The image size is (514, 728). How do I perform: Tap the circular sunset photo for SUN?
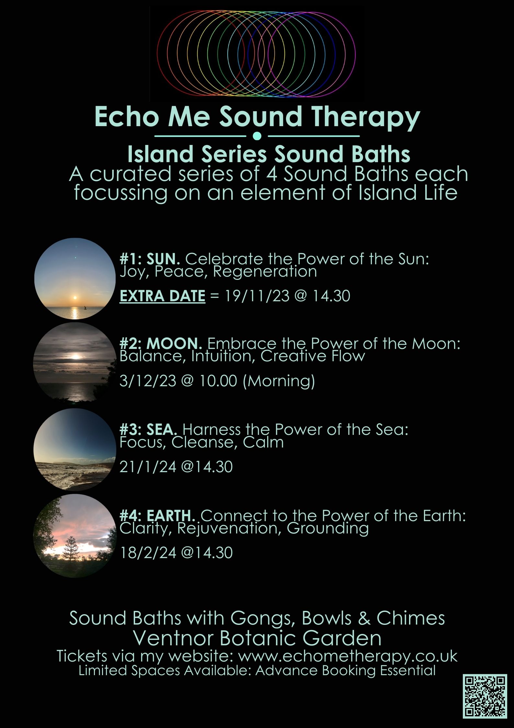pyautogui.click(x=75, y=279)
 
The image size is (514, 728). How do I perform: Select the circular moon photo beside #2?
pyautogui.click(x=75, y=363)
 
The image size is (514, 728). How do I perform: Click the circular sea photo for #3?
pyautogui.click(x=75, y=449)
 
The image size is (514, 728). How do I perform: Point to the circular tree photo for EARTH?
pyautogui.click(x=75, y=536)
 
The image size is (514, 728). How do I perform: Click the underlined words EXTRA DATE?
pyautogui.click(x=162, y=296)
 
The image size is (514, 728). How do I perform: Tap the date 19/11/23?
pyautogui.click(x=257, y=296)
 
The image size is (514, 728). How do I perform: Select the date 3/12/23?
pyautogui.click(x=148, y=380)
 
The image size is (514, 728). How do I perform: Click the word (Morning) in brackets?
pyautogui.click(x=279, y=381)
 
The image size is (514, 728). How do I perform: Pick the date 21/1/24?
pyautogui.click(x=148, y=467)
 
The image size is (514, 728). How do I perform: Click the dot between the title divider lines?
pyautogui.click(x=257, y=136)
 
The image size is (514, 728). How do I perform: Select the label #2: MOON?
pyautogui.click(x=161, y=343)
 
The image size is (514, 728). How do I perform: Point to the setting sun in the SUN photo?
pyautogui.click(x=75, y=297)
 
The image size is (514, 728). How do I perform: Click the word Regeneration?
pyautogui.click(x=265, y=272)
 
